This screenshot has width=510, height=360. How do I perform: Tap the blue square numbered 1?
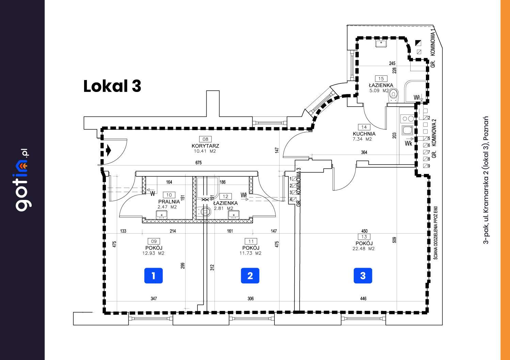pos(153,276)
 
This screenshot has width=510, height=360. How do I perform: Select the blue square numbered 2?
pos(250,276)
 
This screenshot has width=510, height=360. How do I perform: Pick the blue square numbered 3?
pos(363,276)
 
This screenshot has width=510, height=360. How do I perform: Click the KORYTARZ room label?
pos(205,146)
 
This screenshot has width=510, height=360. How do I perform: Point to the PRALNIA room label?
pos(169,202)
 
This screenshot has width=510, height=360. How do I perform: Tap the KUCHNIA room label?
pos(364,134)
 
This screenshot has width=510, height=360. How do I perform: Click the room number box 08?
pos(205,139)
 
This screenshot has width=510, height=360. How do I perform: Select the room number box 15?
pos(381,79)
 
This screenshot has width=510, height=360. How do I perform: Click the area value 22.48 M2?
pos(364,249)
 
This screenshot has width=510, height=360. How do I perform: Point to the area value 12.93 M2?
pos(154,253)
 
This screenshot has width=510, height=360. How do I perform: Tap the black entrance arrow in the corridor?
pos(109,150)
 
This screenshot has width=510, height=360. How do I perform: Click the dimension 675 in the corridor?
pos(198,163)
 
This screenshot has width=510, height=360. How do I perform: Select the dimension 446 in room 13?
pos(363,299)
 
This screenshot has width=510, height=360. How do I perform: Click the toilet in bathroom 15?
pos(394,94)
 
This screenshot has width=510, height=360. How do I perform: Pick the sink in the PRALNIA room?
pos(162,215)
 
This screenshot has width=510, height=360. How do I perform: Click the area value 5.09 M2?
pos(379,91)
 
